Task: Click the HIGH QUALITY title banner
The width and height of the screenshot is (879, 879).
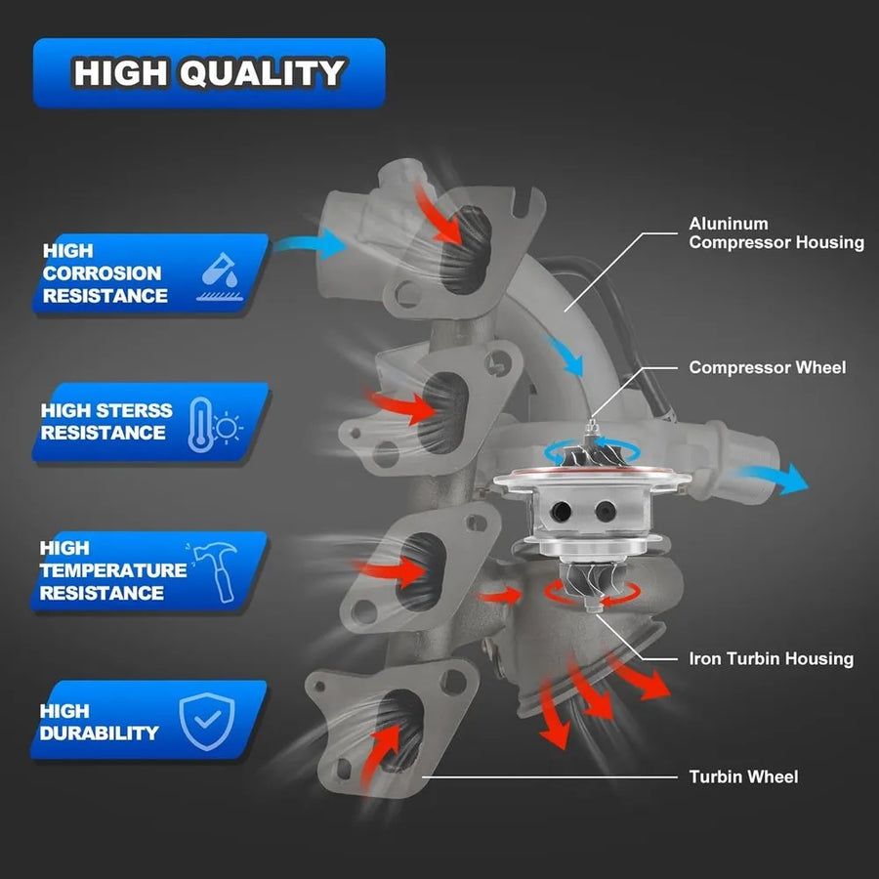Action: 209,73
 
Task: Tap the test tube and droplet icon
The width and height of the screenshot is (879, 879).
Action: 220,276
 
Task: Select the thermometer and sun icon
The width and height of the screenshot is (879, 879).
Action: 215,425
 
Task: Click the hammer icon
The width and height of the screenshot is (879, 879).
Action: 214,571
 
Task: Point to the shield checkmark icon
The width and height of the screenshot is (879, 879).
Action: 207,721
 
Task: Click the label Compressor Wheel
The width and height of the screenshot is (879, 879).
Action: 767,368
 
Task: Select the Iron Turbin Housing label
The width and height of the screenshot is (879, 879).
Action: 771,658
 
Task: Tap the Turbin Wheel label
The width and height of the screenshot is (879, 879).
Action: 743,777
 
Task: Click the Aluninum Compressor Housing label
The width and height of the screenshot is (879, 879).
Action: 776,233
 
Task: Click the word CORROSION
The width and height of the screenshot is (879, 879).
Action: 102,273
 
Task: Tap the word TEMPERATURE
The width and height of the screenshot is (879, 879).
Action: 113,570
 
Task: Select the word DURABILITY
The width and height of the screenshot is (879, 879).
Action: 100,733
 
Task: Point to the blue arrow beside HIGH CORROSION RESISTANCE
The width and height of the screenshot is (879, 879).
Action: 310,244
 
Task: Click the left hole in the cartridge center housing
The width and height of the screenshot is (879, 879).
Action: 561,511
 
